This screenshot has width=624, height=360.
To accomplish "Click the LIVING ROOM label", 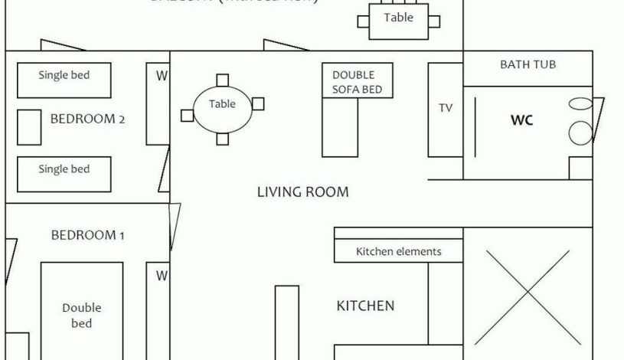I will pos(302,192).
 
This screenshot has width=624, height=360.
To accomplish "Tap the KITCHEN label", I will pos(365,306).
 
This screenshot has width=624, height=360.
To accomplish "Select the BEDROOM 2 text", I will pos(87,119).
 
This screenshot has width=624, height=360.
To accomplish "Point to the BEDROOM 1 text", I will pos(87,235).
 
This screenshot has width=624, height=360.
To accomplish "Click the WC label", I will pos(521,120).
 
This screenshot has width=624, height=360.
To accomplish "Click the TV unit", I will pos(445,109).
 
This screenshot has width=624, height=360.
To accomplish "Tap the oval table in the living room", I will pos(222,107).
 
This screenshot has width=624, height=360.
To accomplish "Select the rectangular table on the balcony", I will pos(398,20).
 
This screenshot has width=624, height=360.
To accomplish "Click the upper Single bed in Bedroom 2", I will pos(64,80).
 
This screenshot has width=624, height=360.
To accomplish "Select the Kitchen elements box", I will pos(398,251).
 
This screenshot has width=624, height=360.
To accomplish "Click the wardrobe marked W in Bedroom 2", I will pos(158,103).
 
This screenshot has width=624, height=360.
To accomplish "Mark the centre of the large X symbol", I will pos(528,296).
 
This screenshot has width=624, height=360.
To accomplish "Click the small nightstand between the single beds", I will pos(29,127).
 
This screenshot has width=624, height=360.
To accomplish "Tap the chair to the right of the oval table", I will pos(258,103).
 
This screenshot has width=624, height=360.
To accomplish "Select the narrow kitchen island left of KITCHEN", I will pos(287,322).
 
